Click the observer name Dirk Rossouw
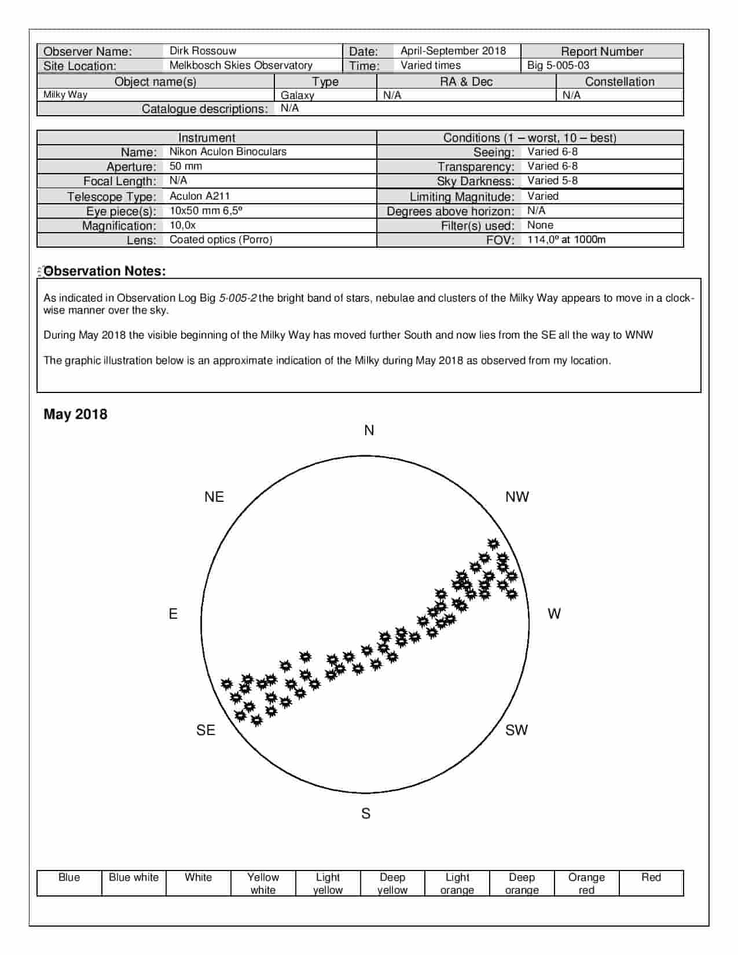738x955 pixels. (x=203, y=51)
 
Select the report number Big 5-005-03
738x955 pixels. (x=558, y=65)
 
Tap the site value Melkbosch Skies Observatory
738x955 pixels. (x=241, y=65)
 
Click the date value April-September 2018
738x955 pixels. (x=453, y=51)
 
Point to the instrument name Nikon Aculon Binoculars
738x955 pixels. (x=227, y=152)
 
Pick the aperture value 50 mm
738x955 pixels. (x=186, y=166)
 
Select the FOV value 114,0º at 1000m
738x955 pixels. (x=566, y=240)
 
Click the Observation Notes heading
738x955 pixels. (x=105, y=271)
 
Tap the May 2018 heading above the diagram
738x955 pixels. (x=75, y=414)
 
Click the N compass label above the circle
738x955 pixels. (x=369, y=431)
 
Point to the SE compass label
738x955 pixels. (x=205, y=730)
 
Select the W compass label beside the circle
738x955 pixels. (x=554, y=614)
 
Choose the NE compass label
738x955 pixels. (x=214, y=497)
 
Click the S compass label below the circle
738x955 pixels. (x=366, y=813)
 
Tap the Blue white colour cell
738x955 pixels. (x=134, y=877)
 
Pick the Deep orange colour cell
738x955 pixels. (x=522, y=883)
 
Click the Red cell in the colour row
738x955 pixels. (x=651, y=877)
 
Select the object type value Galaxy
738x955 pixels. (x=298, y=95)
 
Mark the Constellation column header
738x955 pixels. (x=619, y=82)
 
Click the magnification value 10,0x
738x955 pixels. (x=183, y=225)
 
